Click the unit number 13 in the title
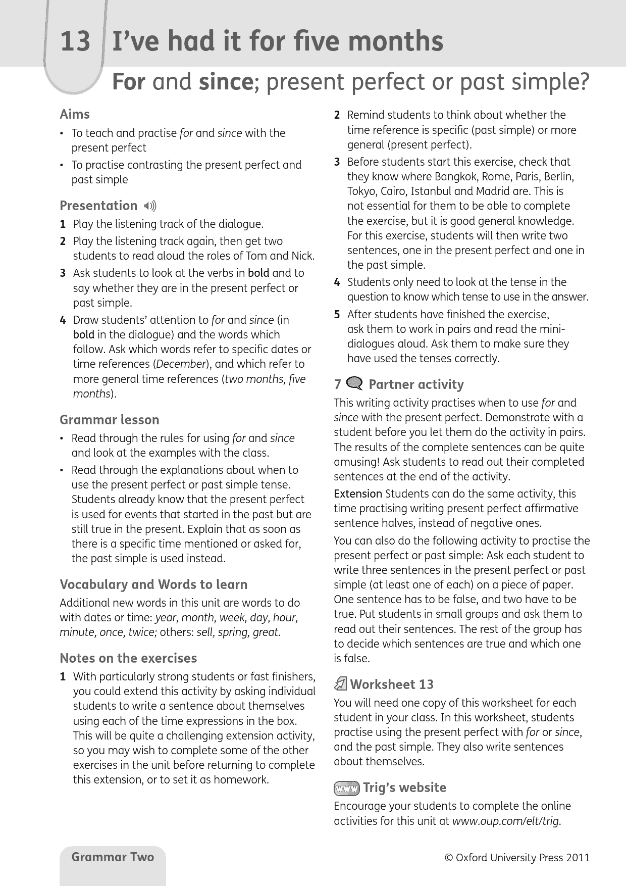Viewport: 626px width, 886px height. pyautogui.click(x=75, y=41)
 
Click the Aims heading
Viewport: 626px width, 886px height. pyautogui.click(x=75, y=114)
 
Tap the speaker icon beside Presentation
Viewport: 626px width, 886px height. pyautogui.click(x=150, y=206)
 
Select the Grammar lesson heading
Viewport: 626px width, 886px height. pyautogui.click(x=109, y=420)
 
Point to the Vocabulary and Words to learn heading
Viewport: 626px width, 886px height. pyautogui.click(x=153, y=584)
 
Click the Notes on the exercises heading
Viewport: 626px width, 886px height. pyautogui.click(x=128, y=658)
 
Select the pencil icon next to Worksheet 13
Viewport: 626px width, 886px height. pyautogui.click(x=340, y=684)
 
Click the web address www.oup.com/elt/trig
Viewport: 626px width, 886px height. pyautogui.click(x=506, y=821)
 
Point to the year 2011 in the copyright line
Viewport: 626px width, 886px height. pyautogui.click(x=578, y=858)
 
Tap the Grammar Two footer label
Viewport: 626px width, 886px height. pyautogui.click(x=113, y=857)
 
